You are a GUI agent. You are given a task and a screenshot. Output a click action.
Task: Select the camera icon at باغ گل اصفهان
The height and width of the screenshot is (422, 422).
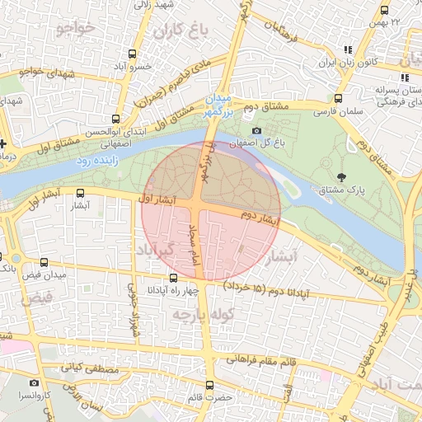click(256, 131)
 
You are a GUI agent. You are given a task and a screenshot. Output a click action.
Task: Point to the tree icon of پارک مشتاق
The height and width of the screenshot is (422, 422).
click(341, 176)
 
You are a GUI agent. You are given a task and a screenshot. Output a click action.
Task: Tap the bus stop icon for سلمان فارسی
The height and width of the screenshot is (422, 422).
click(339, 96)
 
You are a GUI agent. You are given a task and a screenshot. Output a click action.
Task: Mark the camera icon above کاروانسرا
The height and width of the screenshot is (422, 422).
click(33, 382)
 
